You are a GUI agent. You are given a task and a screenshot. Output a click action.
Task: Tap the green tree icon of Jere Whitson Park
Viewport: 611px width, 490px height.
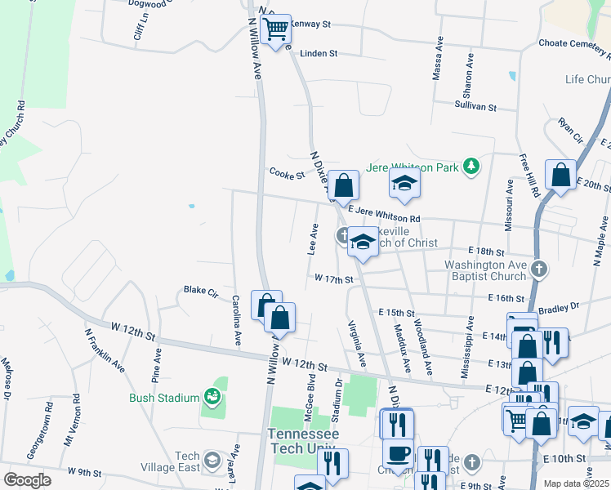[x=471, y=167]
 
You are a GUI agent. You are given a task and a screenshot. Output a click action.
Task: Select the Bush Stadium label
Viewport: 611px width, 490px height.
[x=164, y=398]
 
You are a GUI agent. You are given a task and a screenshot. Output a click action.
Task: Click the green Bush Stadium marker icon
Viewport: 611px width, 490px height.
[x=212, y=397]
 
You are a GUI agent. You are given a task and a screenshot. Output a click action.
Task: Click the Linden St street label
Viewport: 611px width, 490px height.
[x=319, y=53]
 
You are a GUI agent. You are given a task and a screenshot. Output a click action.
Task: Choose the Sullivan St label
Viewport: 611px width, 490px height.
[x=475, y=106]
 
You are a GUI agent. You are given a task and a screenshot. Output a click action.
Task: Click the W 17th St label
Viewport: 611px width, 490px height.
[x=333, y=278]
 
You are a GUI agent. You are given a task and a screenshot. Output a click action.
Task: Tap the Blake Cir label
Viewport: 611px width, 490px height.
[x=201, y=290]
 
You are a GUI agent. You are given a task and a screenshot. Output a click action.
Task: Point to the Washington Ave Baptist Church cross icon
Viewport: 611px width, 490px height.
[x=538, y=268]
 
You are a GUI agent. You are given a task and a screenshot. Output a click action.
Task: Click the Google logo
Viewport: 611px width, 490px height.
[x=27, y=480]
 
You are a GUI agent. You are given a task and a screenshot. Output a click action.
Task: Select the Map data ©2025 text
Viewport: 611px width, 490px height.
[x=576, y=483]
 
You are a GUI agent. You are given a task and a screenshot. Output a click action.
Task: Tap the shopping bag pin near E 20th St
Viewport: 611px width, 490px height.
[x=560, y=175]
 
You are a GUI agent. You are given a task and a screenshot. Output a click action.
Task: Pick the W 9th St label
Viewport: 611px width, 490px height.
[x=84, y=471]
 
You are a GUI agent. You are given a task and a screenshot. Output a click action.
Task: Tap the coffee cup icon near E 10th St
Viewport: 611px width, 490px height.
[x=398, y=452]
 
